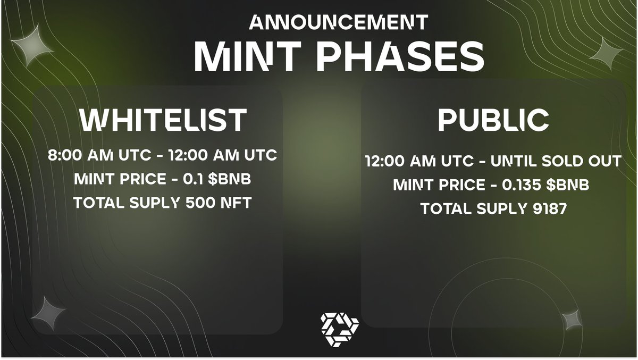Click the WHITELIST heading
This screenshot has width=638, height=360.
[x=163, y=120]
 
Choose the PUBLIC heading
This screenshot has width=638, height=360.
[x=493, y=121]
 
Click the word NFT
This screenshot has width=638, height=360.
[x=236, y=203]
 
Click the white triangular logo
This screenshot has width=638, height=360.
[x=339, y=328]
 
